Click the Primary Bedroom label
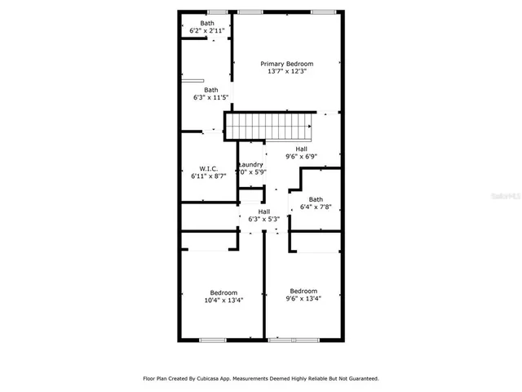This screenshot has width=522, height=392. (x=286, y=63)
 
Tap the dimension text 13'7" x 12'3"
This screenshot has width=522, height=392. (x=286, y=72)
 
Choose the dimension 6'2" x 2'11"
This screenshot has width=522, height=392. (x=207, y=31)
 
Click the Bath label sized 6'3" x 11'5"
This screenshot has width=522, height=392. (x=210, y=90)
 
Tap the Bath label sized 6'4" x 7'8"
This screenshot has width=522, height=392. (x=316, y=199)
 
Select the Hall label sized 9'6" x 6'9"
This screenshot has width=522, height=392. (x=301, y=149)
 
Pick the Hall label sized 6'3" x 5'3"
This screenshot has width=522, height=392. (x=263, y=211)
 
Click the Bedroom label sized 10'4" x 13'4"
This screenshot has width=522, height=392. (x=223, y=292)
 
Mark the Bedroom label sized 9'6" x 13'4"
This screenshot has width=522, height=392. (x=303, y=291)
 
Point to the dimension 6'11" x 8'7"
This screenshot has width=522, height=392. (x=207, y=176)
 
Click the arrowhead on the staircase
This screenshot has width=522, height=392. (x=310, y=127)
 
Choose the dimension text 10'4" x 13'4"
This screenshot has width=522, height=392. (x=223, y=301)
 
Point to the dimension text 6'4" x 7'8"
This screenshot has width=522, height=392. (x=316, y=207)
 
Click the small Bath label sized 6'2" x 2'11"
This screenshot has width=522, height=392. (x=207, y=23)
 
